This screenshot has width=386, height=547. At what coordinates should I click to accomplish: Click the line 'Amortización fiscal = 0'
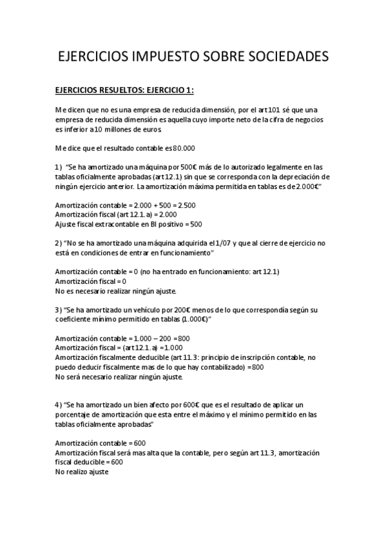pos(90,281)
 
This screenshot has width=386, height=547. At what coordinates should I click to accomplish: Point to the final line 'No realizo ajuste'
pos(82,472)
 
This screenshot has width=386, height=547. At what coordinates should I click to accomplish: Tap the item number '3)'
pos(59,310)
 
